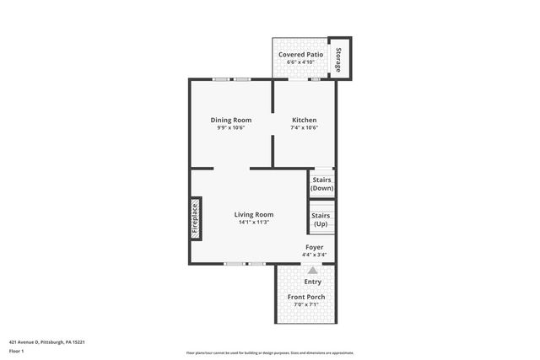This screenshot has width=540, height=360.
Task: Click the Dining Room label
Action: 231,120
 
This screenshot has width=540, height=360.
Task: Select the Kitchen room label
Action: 304,120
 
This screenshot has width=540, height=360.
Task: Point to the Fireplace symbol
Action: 195,218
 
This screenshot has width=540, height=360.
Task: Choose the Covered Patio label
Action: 301,53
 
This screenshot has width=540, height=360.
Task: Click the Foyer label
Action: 313,247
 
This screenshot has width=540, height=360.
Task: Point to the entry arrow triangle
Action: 313,271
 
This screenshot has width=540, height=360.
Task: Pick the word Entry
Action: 312,282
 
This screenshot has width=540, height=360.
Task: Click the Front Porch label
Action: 306,297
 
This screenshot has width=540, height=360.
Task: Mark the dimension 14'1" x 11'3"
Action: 254,223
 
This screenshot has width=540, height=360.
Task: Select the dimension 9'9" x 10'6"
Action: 231,128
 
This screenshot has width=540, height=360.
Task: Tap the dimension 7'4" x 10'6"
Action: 304,128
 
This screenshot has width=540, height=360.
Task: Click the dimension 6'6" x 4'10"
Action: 301,62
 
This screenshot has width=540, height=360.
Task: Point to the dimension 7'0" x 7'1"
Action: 306,305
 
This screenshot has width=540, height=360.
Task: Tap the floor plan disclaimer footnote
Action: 269,352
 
